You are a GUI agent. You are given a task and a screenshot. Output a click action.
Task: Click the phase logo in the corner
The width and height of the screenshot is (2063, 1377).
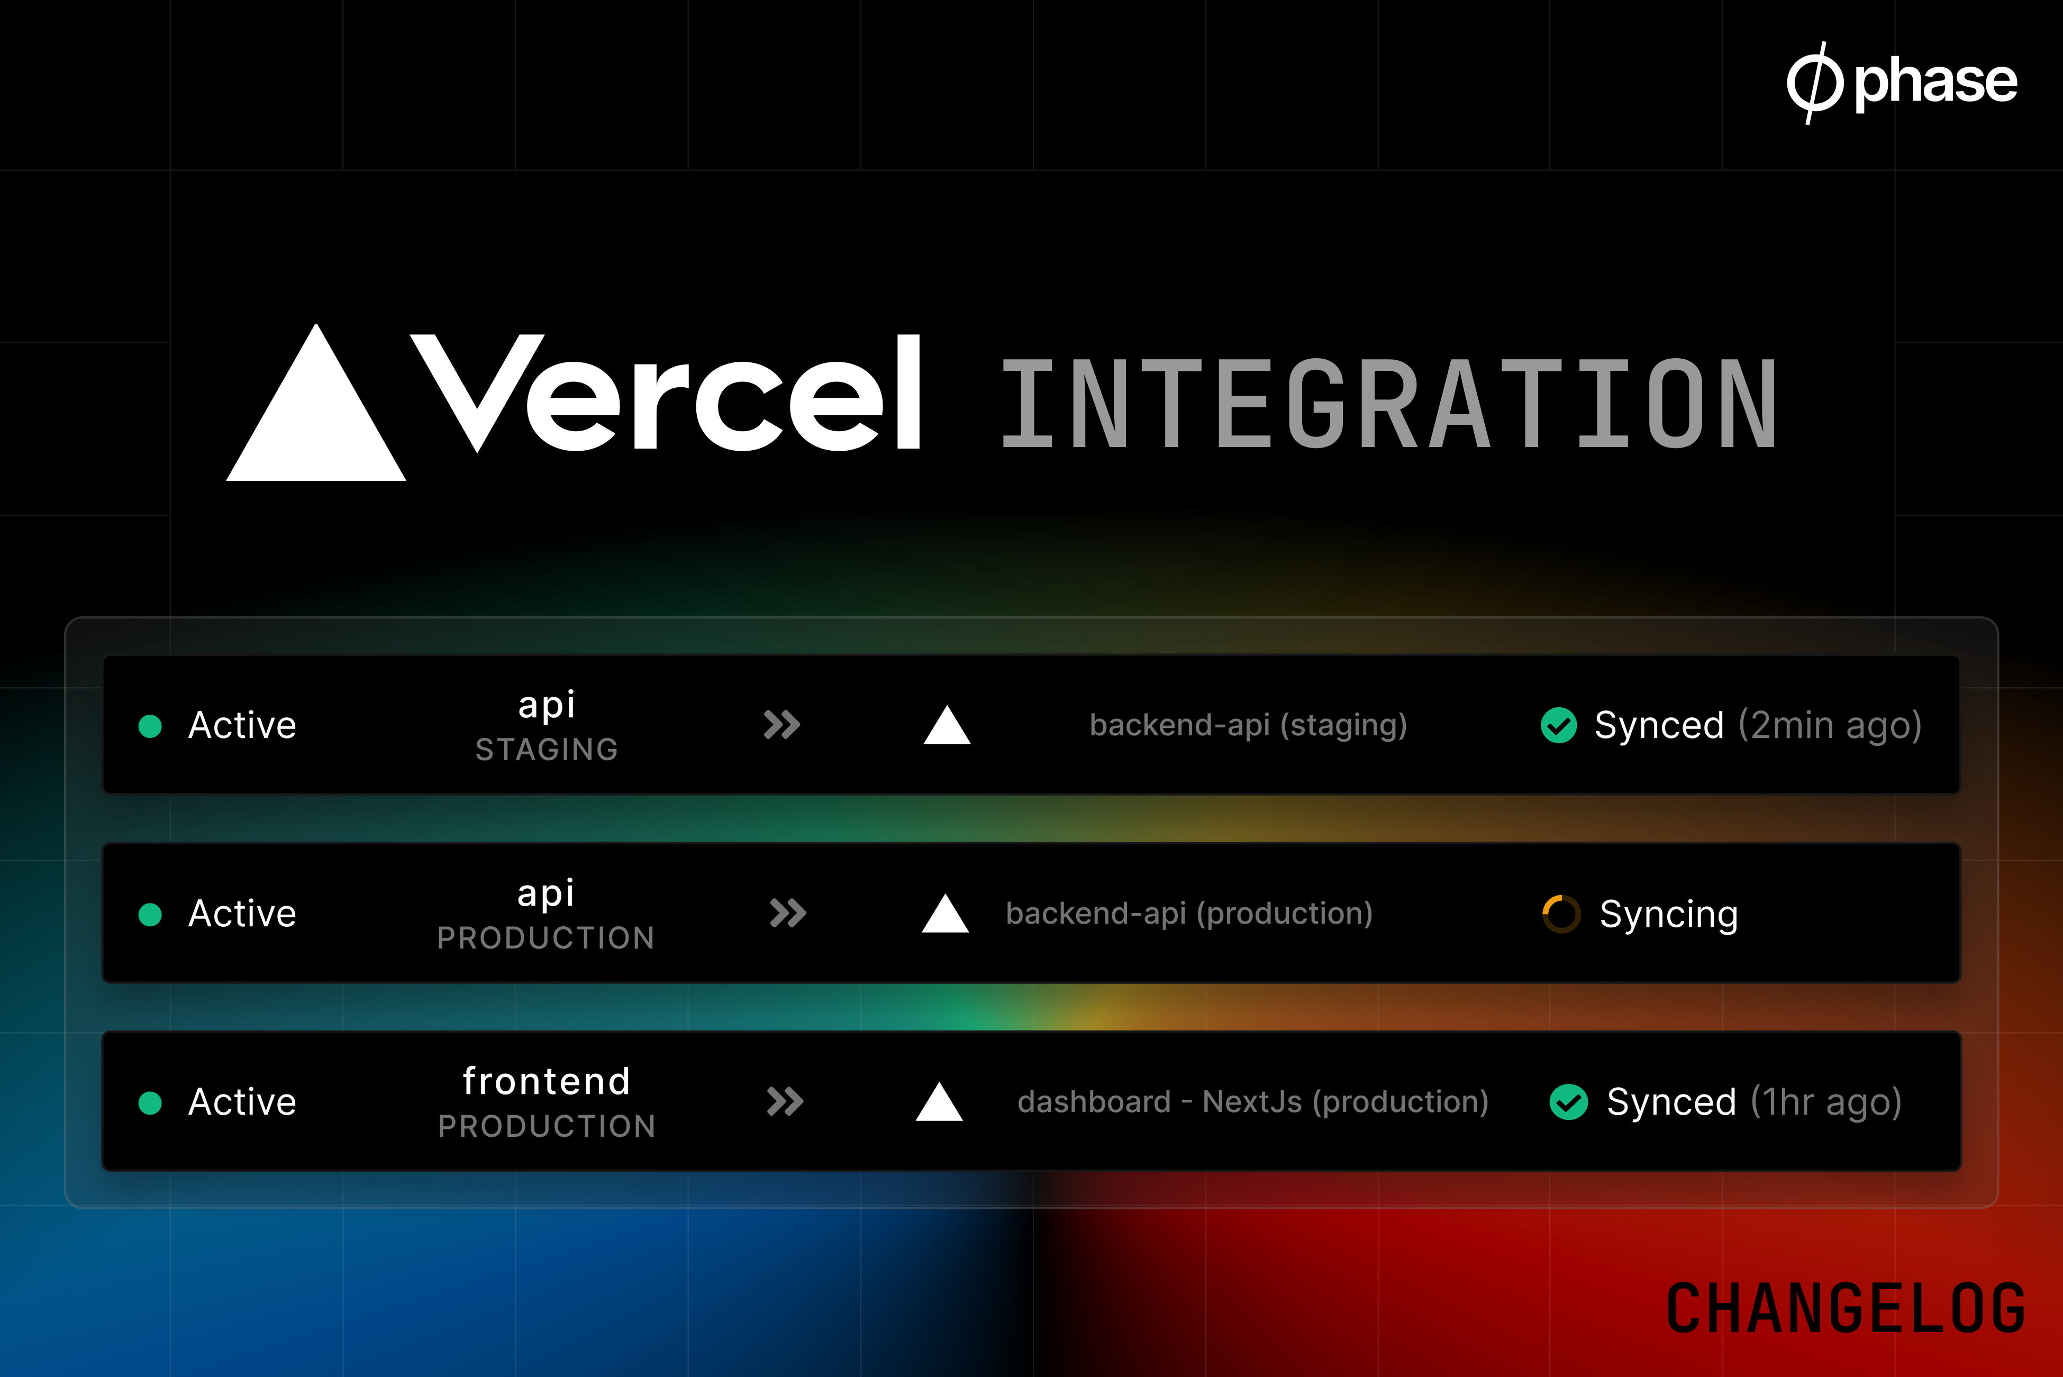pyautogui.click(x=1902, y=83)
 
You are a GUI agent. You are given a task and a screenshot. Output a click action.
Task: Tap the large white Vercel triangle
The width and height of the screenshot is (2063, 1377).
pyautogui.click(x=316, y=413)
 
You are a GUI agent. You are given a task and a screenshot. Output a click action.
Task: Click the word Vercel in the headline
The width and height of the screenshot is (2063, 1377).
pyautogui.click(x=666, y=393)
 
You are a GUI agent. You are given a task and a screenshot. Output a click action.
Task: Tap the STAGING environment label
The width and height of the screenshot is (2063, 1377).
pyautogui.click(x=546, y=749)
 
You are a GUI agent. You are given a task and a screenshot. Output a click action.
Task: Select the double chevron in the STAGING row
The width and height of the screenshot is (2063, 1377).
pyautogui.click(x=781, y=725)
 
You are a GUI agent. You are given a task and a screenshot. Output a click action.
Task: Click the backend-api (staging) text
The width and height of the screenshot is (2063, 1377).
pyautogui.click(x=1248, y=725)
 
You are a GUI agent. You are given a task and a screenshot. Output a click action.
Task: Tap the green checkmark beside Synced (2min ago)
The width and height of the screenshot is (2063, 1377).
pyautogui.click(x=1559, y=725)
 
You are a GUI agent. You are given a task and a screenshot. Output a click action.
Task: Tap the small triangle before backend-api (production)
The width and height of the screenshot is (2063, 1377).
pyautogui.click(x=945, y=913)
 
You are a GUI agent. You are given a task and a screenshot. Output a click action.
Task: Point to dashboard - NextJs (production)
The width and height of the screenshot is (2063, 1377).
pyautogui.click(x=1252, y=1102)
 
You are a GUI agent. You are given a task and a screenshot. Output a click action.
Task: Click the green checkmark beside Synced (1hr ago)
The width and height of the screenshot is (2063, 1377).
pyautogui.click(x=1569, y=1102)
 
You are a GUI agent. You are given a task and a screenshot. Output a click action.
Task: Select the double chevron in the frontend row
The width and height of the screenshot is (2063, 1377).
pyautogui.click(x=785, y=1102)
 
